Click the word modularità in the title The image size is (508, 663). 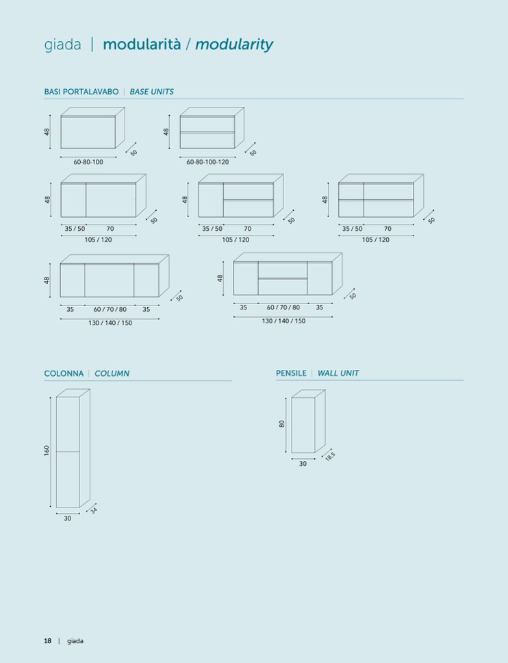tap(142, 44)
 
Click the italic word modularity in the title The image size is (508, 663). tap(234, 45)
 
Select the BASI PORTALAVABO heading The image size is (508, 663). tap(81, 92)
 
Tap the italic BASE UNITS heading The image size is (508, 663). tap(152, 92)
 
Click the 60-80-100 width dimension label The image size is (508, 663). tap(88, 162)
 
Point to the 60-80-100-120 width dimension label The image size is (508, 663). tap(207, 162)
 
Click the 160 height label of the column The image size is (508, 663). tap(47, 450)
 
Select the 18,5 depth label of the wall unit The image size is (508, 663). tap(330, 456)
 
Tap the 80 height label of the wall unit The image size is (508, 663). tap(282, 424)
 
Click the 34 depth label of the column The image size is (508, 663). tap(94, 510)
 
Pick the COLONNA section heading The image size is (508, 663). tap(64, 374)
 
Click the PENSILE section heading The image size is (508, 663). tap(291, 373)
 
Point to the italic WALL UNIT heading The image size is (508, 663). tap(338, 373)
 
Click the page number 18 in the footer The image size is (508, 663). tap(48, 641)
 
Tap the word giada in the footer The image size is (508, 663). tap(75, 641)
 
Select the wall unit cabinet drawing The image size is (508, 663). tap(308, 421)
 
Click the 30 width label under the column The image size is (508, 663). tap(68, 518)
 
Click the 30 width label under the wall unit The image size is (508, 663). tap(303, 464)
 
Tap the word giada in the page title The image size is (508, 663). tap(62, 45)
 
